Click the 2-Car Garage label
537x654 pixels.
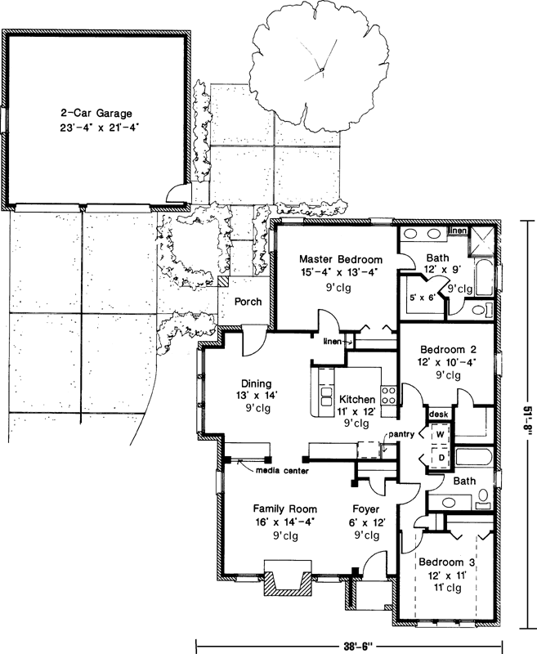click(x=96, y=114)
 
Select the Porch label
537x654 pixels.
click(x=248, y=302)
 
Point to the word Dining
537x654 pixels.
click(x=256, y=383)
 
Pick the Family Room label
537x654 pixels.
click(x=284, y=508)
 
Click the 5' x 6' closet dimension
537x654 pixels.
click(x=418, y=299)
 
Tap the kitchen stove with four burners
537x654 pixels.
click(x=389, y=396)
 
